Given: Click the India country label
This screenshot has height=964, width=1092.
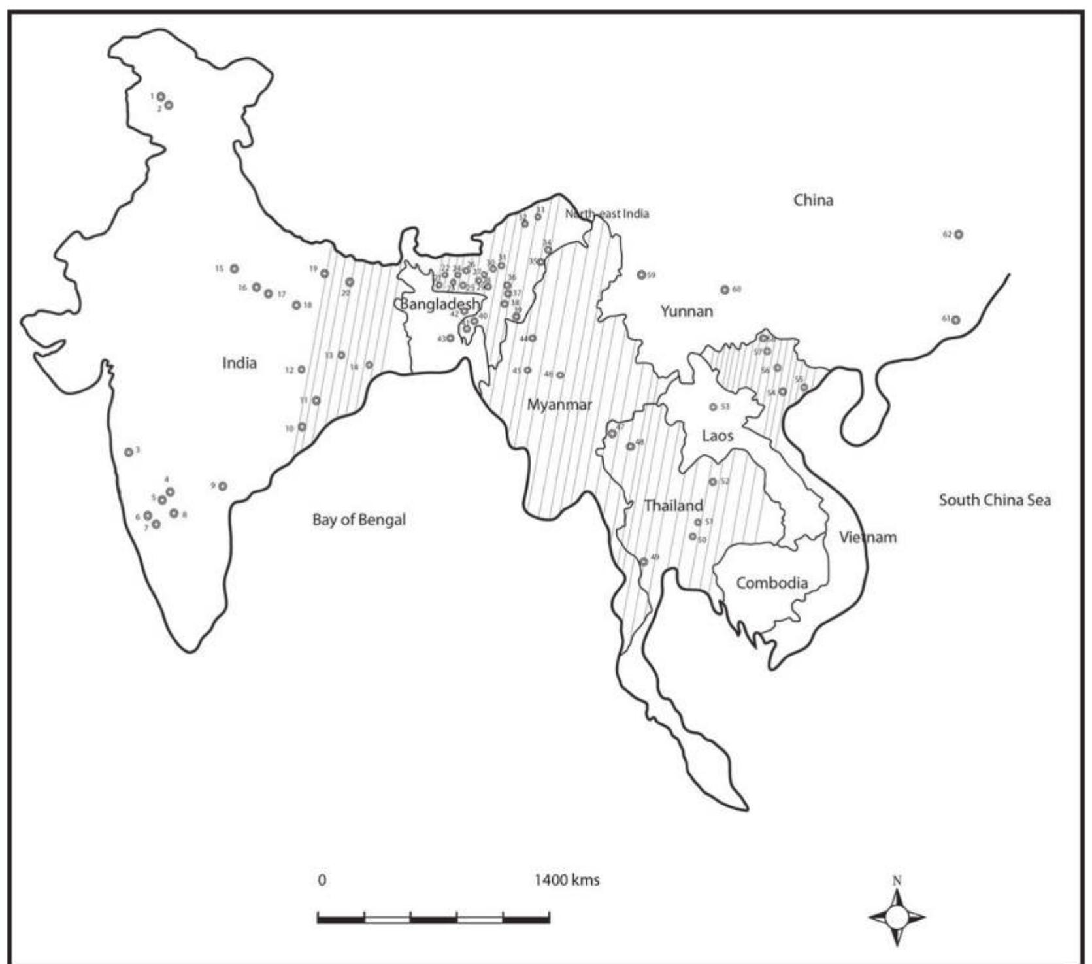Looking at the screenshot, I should (x=239, y=363).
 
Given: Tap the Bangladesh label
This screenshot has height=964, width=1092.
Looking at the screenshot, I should (x=439, y=304).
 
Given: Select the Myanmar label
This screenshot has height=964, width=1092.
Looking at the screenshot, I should (x=559, y=405).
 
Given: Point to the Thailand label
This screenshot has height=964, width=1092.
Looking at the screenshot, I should (x=673, y=506).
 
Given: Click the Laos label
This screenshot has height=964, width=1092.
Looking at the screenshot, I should (x=718, y=436).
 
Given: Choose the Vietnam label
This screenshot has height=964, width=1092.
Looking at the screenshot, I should (x=868, y=538).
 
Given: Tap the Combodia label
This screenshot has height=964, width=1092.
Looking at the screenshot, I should (x=772, y=583).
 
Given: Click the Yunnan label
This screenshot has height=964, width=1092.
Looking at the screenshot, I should (x=686, y=311).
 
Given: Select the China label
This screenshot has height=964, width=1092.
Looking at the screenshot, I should (x=813, y=200).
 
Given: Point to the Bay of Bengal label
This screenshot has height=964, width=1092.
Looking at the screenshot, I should (x=359, y=520).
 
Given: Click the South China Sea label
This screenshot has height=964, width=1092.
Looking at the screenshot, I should (x=995, y=501).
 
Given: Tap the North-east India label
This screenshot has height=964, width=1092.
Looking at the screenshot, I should (x=607, y=214).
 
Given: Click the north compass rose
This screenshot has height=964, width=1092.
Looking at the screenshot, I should (x=897, y=917).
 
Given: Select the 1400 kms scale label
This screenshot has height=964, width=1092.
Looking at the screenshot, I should (x=567, y=880).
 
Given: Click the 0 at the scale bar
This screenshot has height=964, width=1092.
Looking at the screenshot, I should (x=322, y=880).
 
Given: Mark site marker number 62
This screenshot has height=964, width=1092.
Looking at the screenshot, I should (x=958, y=235).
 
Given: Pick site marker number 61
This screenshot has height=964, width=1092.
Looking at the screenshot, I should (x=955, y=320).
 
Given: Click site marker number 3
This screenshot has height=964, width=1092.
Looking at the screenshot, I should (x=129, y=452).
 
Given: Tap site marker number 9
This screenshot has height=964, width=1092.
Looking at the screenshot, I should (x=223, y=486).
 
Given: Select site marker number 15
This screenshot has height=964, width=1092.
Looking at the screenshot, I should (x=234, y=269).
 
